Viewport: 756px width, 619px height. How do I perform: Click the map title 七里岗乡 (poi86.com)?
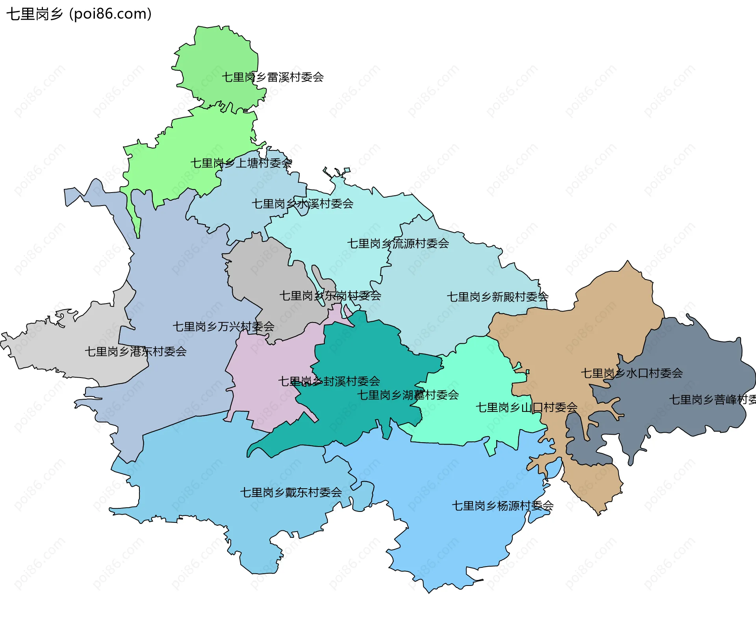tap(79, 14)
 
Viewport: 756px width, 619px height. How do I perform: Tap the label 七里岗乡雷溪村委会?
tap(272, 77)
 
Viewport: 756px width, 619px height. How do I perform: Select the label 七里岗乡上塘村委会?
tap(241, 163)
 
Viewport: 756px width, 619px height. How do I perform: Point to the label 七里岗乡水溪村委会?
tap(302, 204)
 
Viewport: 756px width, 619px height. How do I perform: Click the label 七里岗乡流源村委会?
tap(398, 244)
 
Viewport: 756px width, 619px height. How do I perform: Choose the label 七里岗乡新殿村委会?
tap(497, 297)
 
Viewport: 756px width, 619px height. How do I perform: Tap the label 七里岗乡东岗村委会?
tap(330, 296)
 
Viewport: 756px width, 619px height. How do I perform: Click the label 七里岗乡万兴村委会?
tap(223, 326)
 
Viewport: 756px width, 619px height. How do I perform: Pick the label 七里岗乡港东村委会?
tap(135, 352)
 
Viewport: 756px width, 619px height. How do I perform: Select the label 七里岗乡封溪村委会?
tap(329, 381)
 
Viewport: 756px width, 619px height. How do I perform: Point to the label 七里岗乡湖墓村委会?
tap(408, 395)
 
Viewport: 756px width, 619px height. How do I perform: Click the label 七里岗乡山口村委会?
tap(526, 408)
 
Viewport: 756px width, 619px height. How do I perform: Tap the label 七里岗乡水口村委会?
tap(632, 373)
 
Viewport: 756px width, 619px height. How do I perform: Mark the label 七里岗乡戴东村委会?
tap(291, 493)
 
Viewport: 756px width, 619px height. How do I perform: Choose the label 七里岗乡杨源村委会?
tap(502, 506)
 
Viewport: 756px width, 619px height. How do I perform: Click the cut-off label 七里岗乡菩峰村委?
tap(712, 400)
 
